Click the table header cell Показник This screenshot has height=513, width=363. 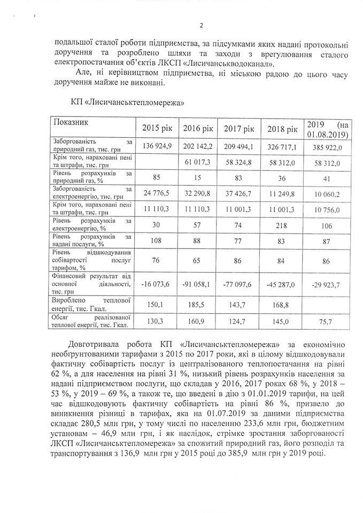69,122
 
